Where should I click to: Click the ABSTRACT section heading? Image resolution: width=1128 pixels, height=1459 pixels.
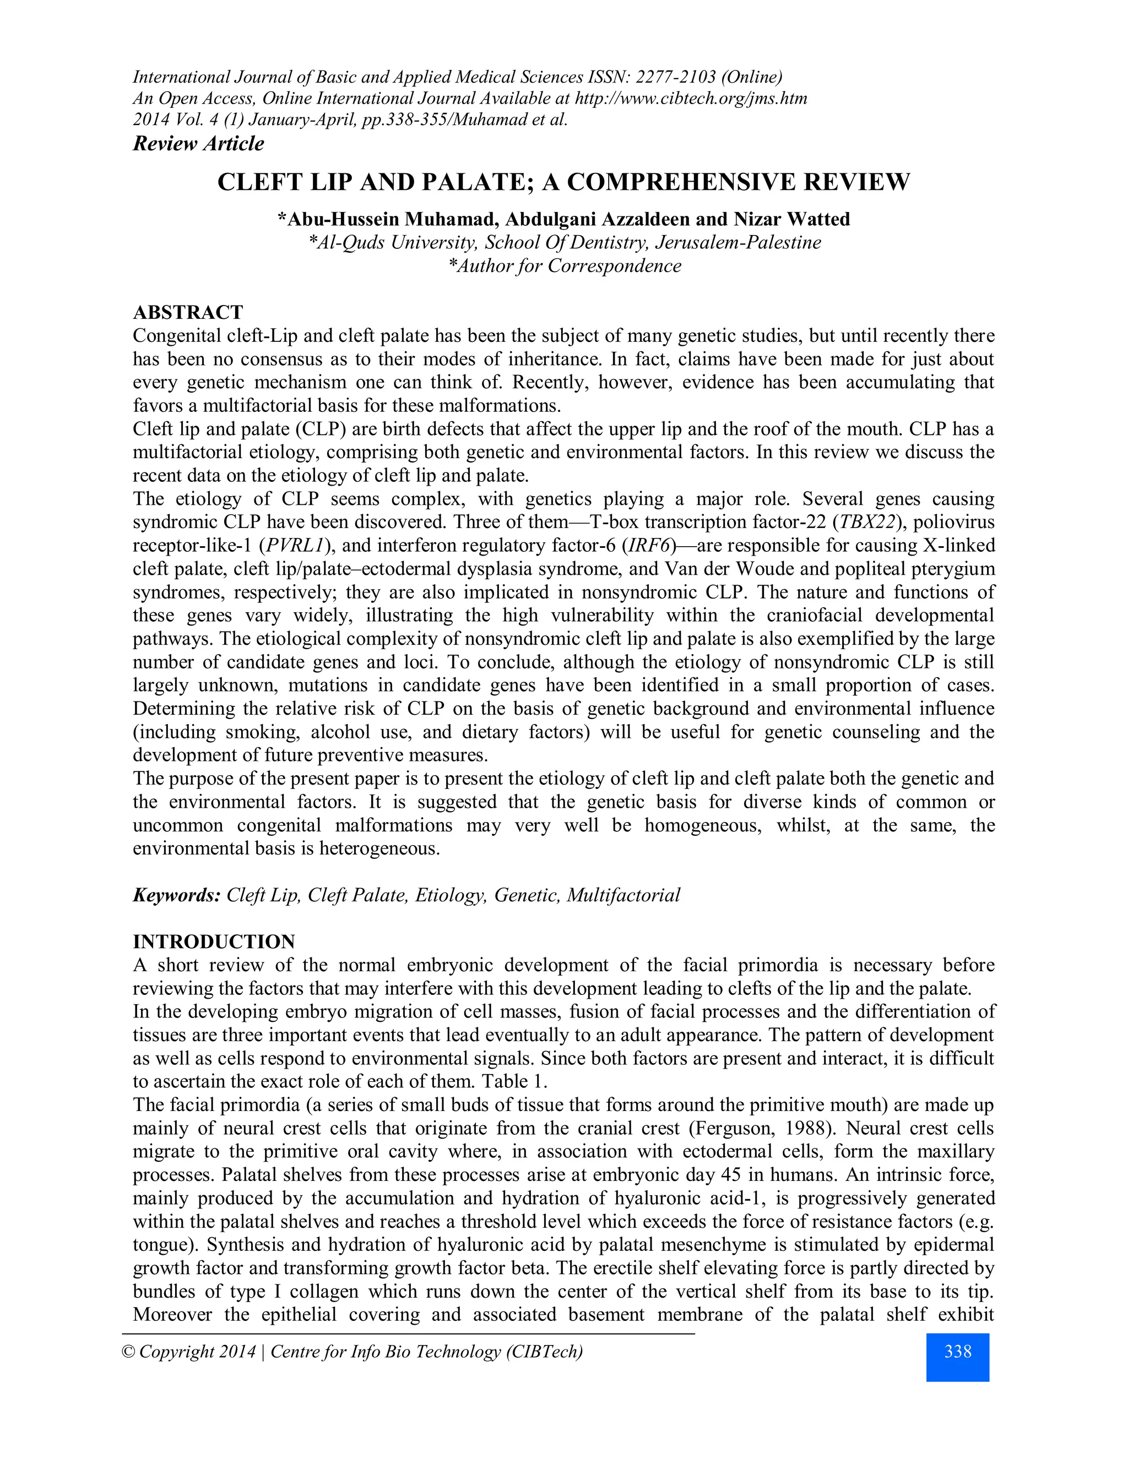(x=188, y=313)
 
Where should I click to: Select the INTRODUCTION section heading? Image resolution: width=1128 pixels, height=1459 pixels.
(x=214, y=942)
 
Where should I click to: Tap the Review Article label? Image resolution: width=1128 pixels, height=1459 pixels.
(x=198, y=144)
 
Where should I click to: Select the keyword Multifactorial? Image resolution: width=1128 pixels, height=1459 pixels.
(x=623, y=895)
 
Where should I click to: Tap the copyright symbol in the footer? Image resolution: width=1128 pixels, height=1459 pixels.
(x=128, y=1352)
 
